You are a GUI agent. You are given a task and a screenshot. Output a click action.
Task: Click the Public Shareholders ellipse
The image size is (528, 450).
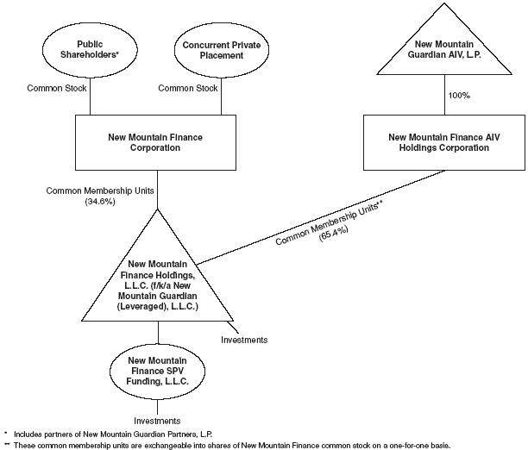click(91, 50)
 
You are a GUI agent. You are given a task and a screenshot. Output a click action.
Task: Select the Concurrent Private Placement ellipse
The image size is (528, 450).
click(222, 50)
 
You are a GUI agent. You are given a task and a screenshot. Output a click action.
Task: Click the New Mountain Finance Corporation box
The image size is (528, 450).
click(155, 142)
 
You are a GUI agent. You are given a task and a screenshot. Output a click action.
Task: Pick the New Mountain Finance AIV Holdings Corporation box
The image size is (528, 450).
click(444, 142)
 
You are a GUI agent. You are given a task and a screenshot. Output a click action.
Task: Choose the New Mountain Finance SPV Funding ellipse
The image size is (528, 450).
click(157, 372)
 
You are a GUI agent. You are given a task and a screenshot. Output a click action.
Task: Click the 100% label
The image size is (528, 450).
click(459, 95)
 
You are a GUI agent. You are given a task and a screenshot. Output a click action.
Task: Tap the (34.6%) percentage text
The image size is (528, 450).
click(100, 202)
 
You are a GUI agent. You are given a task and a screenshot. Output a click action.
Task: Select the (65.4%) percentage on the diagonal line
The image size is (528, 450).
click(333, 232)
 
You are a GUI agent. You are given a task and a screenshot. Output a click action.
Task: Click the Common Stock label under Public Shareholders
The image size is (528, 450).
click(57, 88)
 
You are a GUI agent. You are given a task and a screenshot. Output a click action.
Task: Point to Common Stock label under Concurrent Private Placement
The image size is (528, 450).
click(188, 88)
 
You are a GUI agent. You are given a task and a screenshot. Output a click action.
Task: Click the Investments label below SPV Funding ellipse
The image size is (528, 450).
click(157, 421)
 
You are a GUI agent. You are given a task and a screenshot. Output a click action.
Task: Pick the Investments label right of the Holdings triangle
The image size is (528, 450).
click(244, 340)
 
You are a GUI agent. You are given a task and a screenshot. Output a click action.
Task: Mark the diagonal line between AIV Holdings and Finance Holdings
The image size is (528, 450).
click(321, 217)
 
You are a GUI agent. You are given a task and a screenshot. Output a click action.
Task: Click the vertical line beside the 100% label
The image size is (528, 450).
click(444, 95)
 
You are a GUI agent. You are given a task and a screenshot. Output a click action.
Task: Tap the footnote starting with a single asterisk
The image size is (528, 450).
click(109, 434)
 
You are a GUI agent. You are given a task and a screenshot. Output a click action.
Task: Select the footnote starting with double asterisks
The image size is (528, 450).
click(227, 446)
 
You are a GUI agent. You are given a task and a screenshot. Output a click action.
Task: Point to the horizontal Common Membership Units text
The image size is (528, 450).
click(100, 191)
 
